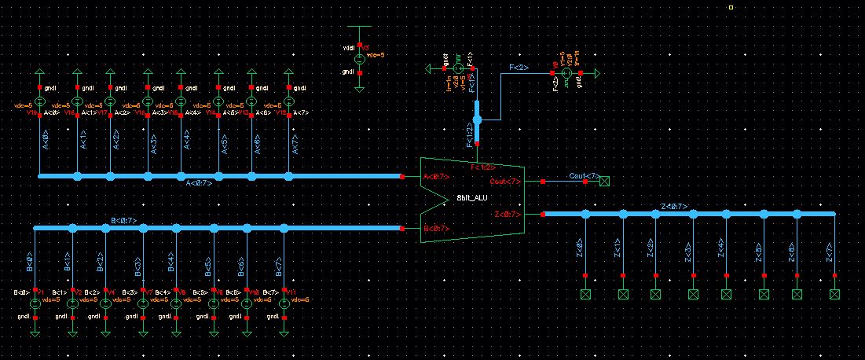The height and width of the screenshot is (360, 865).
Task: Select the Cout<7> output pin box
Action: [604, 182]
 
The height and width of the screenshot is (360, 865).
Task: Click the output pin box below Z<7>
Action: [834, 294]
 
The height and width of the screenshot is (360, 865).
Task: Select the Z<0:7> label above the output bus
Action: [674, 207]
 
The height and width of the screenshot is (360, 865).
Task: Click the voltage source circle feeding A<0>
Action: [39, 103]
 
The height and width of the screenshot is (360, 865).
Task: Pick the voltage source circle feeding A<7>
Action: [289, 103]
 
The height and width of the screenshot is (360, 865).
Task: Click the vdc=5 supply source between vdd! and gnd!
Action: [359, 58]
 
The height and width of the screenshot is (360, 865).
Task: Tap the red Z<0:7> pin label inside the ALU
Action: [507, 214]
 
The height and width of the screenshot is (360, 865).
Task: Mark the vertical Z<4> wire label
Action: [721, 250]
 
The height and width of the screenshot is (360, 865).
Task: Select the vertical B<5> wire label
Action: [208, 267]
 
